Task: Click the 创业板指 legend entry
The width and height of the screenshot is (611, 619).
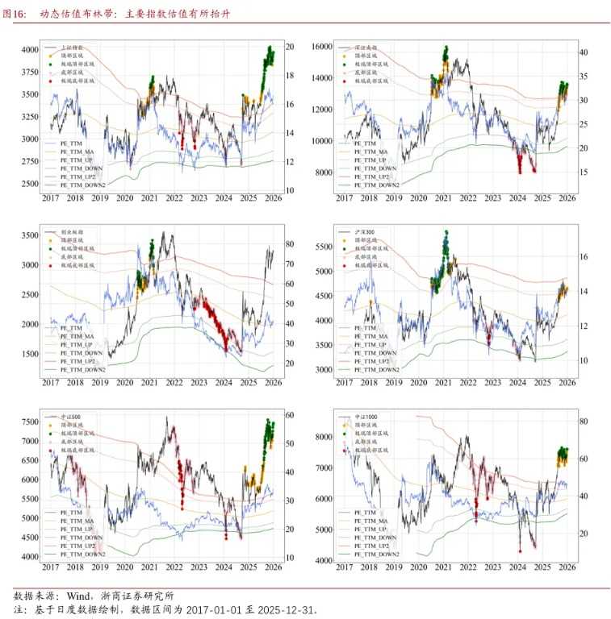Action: click(72, 232)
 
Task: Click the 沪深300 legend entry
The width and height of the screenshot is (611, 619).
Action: click(366, 232)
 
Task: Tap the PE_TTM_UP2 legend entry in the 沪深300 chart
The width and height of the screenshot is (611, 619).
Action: click(374, 361)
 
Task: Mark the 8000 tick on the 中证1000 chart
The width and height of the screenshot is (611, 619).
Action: click(324, 437)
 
